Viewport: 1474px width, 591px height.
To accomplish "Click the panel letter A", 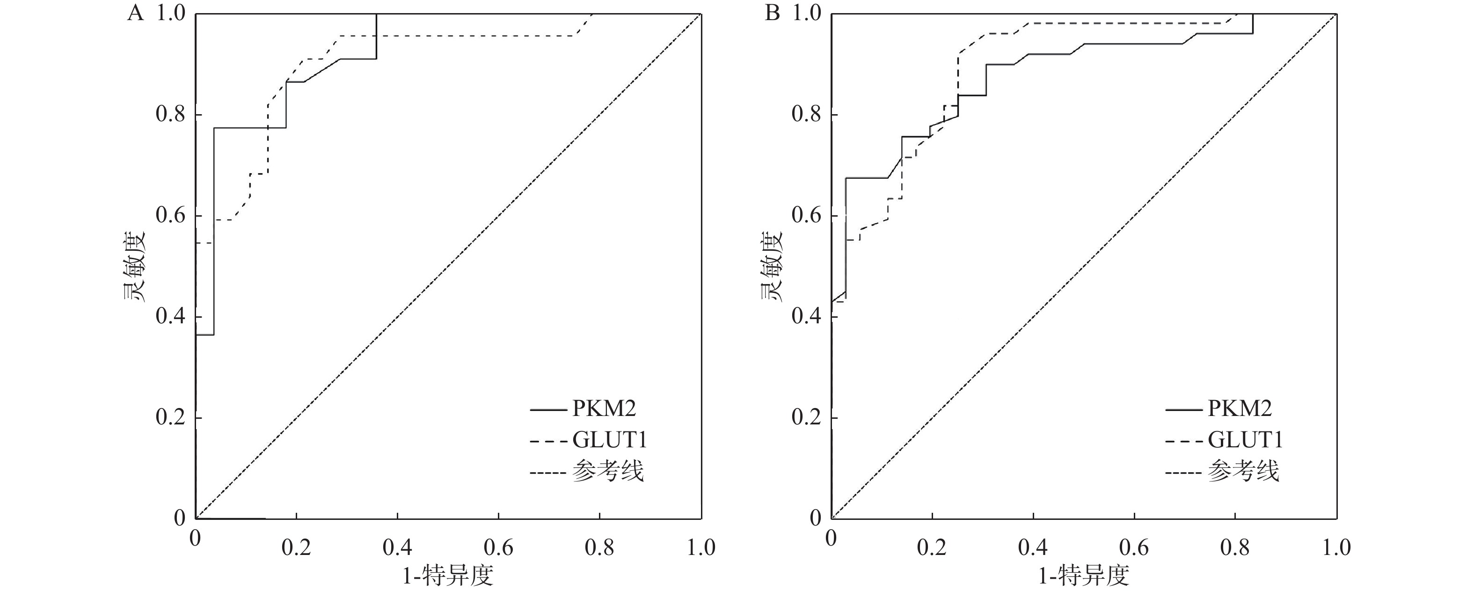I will (135, 13).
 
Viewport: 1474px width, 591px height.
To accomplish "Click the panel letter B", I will (772, 13).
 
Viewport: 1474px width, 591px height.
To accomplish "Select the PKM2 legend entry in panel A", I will (604, 409).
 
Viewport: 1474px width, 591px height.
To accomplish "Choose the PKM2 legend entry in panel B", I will (1240, 409).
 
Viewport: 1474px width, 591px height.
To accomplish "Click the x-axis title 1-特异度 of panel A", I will (448, 576).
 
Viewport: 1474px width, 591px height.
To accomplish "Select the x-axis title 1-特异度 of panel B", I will (1084, 576).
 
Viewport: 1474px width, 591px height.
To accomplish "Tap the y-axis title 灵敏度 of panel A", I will (133, 267).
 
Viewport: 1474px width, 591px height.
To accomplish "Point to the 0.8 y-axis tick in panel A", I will (171, 115).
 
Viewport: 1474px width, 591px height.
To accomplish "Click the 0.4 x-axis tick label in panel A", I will (397, 548).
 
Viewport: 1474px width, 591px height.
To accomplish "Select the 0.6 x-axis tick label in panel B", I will (1134, 548).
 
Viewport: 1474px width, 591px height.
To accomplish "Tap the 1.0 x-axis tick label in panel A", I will (701, 548).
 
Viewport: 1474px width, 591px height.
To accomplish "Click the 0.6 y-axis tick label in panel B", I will (807, 216).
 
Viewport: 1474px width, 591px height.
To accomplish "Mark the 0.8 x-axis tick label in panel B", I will (1235, 548).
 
